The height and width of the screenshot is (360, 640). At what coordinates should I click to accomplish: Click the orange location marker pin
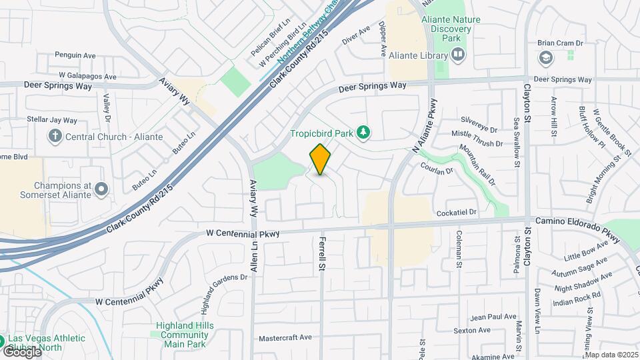(x=320, y=159)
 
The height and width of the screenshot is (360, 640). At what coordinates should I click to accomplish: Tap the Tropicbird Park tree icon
(x=363, y=133)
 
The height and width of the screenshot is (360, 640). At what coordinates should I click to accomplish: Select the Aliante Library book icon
(x=457, y=56)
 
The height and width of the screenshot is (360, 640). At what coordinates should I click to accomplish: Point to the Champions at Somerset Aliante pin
(x=101, y=189)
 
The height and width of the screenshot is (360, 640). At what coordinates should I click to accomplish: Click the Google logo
(x=21, y=351)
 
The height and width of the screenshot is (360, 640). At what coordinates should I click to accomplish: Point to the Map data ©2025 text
(x=611, y=355)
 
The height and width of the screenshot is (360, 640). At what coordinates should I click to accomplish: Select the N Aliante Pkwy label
(x=427, y=125)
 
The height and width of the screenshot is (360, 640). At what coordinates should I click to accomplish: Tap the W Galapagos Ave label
(x=86, y=75)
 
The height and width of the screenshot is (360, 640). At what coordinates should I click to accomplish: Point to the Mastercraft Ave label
(x=285, y=337)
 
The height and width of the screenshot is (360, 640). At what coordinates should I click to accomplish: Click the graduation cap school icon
(x=545, y=58)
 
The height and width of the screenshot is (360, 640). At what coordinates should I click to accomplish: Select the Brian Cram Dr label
(x=560, y=43)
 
